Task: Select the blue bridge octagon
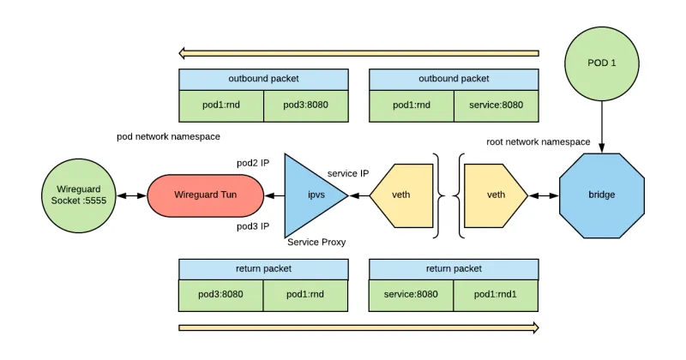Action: pos(601,195)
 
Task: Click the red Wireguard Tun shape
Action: pos(205,195)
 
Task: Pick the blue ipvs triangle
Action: pos(310,195)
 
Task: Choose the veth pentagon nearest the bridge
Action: pos(494,195)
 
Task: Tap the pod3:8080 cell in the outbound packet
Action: pos(305,105)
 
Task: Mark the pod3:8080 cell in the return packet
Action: pos(220,295)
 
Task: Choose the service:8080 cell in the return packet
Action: pos(412,295)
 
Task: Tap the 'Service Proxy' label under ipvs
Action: pos(316,243)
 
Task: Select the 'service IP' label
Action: pos(348,173)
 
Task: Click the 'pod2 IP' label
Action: pos(253,163)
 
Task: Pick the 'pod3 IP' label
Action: pos(253,226)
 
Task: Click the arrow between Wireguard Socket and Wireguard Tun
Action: pos(130,195)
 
